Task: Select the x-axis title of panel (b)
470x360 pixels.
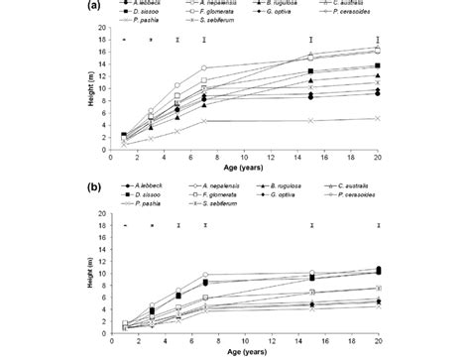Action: (243, 350)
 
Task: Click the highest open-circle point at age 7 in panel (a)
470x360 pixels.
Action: (203, 68)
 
